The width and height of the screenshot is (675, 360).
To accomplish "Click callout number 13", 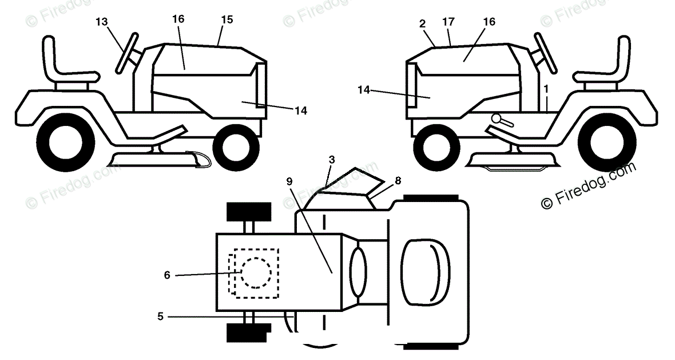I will (101, 22).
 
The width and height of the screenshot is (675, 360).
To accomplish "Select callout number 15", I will (227, 19).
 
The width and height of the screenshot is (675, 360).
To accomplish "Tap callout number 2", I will (422, 23).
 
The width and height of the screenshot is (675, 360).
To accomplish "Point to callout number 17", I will (448, 22).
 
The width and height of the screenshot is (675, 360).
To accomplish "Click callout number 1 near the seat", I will (546, 89).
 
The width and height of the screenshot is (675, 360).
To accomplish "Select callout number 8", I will (398, 180).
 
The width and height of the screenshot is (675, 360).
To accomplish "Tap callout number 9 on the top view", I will (289, 181).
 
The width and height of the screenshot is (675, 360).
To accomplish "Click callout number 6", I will (167, 275).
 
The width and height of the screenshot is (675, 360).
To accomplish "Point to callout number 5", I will (161, 315).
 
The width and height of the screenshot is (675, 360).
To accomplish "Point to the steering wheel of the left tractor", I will (128, 54).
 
